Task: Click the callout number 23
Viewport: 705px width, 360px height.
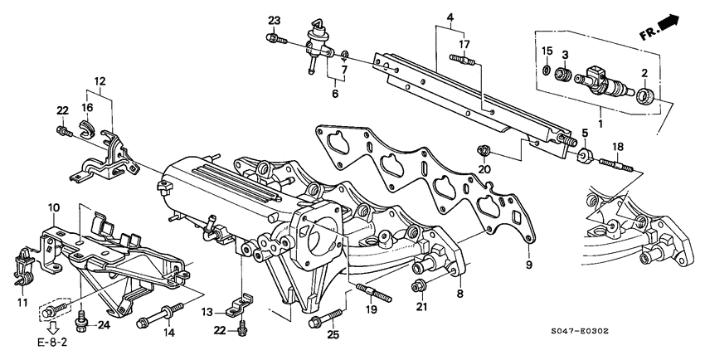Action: pos(275,20)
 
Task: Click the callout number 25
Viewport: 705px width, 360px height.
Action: pos(333,336)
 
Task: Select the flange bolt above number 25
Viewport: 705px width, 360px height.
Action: pos(323,319)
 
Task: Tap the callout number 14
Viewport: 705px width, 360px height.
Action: pos(168,333)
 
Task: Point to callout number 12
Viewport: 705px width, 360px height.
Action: pos(100,81)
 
